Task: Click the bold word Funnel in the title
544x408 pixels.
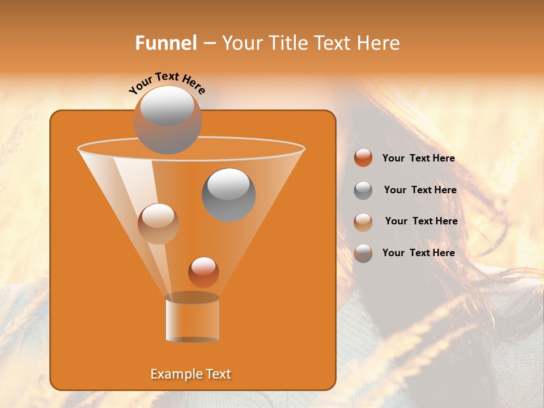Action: pyautogui.click(x=165, y=43)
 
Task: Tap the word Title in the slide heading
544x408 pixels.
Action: pyautogui.click(x=284, y=43)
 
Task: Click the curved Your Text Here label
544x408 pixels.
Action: pyautogui.click(x=167, y=83)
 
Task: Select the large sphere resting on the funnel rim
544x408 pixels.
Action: pyautogui.click(x=167, y=120)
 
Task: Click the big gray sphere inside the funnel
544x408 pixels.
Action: pyautogui.click(x=228, y=194)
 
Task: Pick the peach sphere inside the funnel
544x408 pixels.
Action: pyautogui.click(x=158, y=223)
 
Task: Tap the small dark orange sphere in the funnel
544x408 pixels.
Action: pyautogui.click(x=203, y=272)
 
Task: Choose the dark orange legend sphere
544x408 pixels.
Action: pyautogui.click(x=363, y=158)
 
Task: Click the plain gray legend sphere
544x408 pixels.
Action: pyautogui.click(x=363, y=190)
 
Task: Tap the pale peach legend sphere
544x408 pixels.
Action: pyautogui.click(x=363, y=222)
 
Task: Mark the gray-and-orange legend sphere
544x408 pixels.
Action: pyautogui.click(x=363, y=253)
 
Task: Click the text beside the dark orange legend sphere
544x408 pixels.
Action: pyautogui.click(x=418, y=158)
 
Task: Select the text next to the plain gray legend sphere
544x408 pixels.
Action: pyautogui.click(x=420, y=190)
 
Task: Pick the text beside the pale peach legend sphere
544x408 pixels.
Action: pyautogui.click(x=421, y=221)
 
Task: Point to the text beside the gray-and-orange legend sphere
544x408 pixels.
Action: pyautogui.click(x=418, y=253)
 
